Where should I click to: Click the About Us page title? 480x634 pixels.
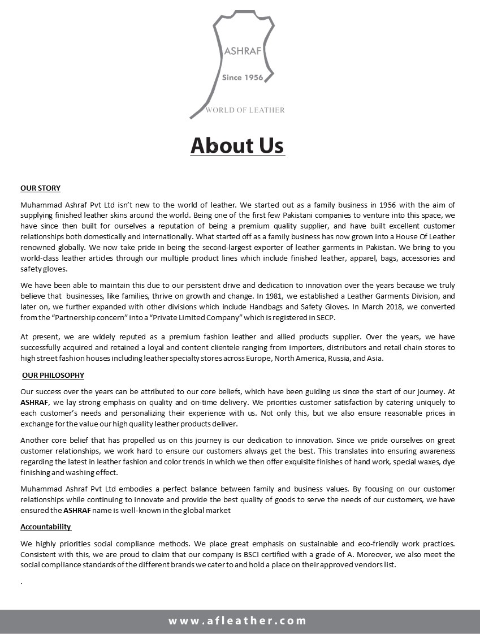tap(237, 145)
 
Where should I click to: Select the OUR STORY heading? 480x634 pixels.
tap(40, 188)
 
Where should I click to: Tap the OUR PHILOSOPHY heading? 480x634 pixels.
tap(53, 375)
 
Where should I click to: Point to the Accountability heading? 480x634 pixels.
tap(46, 527)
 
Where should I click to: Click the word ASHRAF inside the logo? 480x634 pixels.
tap(243, 51)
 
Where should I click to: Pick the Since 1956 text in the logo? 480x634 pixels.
tap(243, 77)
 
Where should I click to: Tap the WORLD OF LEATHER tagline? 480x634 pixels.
tap(245, 110)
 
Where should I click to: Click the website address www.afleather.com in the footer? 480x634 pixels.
tap(237, 620)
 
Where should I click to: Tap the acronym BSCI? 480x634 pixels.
tap(284, 555)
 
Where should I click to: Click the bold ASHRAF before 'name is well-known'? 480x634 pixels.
tap(76, 510)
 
